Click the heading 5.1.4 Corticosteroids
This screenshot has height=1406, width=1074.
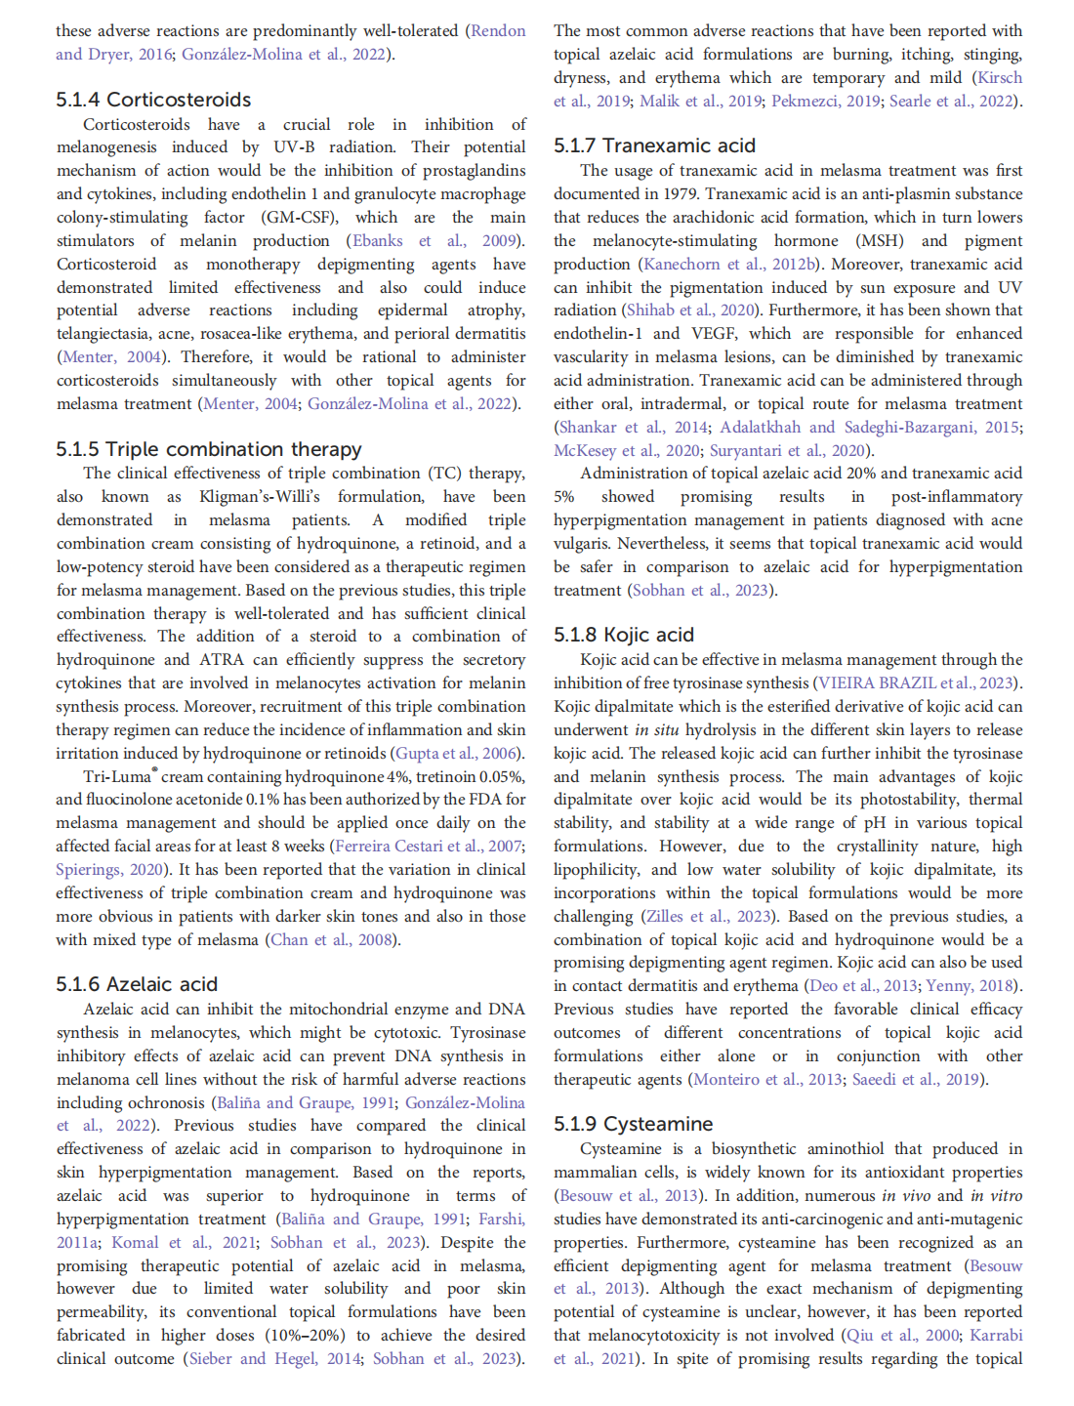(153, 100)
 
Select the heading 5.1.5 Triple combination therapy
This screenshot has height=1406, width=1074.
(209, 449)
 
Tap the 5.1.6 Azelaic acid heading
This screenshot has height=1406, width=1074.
(137, 984)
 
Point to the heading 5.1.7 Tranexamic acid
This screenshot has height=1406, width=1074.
(654, 145)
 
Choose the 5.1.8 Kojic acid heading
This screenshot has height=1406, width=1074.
(624, 635)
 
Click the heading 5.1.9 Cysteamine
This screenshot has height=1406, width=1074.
(634, 1124)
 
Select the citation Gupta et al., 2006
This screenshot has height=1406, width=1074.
(456, 754)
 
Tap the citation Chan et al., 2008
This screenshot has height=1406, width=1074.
(331, 940)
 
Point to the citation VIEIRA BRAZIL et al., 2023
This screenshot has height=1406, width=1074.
(915, 683)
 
